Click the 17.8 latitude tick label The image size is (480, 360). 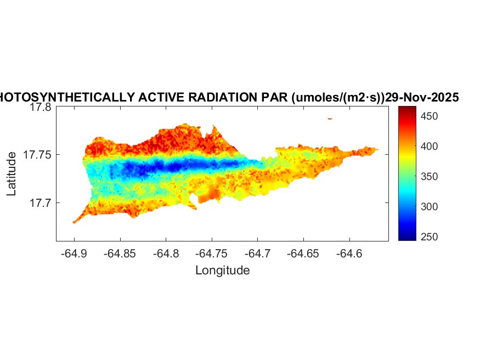[40, 108]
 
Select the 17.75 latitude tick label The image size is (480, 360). [37, 155]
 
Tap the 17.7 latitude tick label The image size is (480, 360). [40, 203]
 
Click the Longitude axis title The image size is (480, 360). [222, 270]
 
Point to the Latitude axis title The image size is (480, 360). [12, 175]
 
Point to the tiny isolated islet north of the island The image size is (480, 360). [330, 118]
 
